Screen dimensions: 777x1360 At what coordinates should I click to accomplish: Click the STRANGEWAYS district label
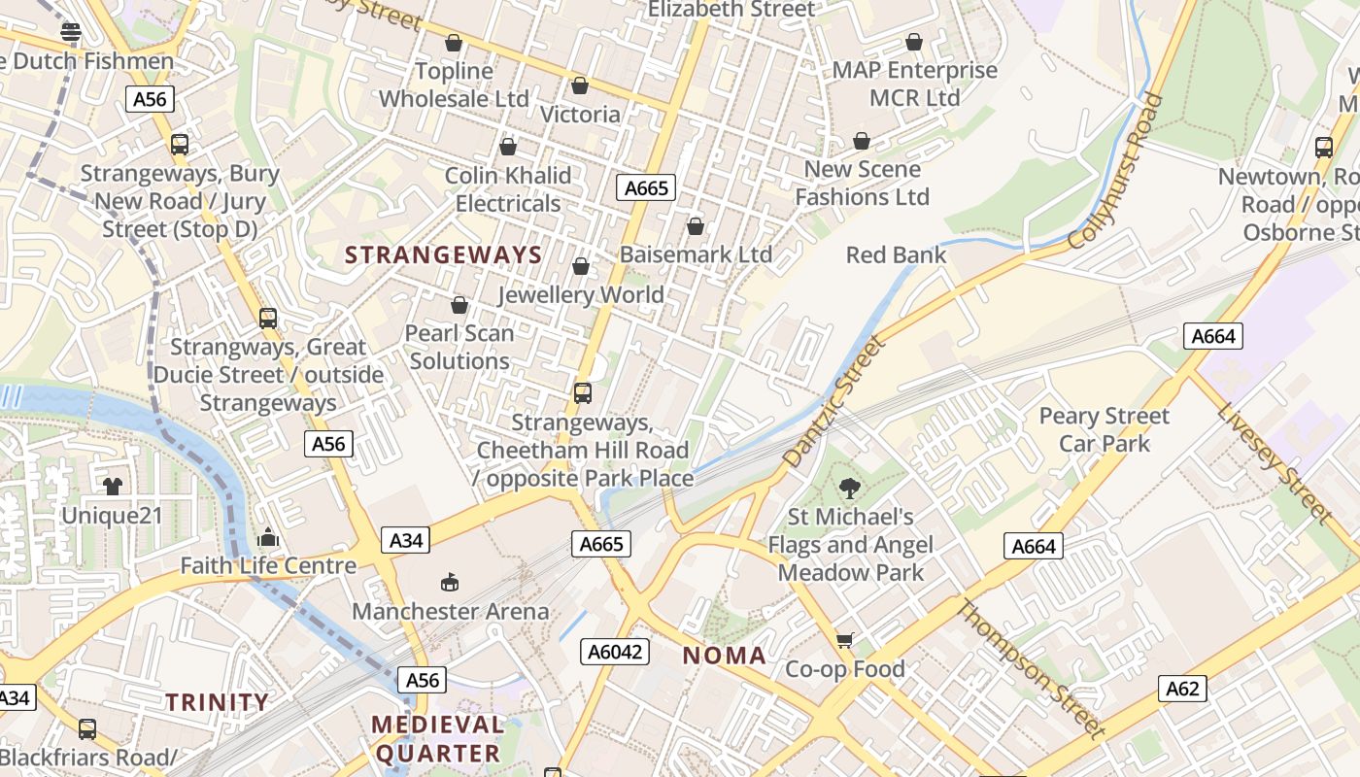point(444,255)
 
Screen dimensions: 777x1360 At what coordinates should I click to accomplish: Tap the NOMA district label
point(724,656)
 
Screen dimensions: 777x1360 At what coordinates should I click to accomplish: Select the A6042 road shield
point(615,652)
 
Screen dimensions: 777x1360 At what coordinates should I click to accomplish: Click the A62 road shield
point(1182,690)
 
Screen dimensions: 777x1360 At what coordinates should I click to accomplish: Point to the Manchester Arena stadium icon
point(449,583)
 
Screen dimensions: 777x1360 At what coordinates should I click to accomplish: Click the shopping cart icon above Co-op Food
point(844,640)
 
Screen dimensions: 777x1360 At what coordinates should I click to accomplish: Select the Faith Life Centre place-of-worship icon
point(268,537)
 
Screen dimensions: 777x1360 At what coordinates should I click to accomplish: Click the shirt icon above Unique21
point(113,486)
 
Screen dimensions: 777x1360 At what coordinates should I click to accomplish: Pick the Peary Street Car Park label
point(1105,429)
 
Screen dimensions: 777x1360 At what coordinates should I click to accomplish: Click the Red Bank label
point(896,254)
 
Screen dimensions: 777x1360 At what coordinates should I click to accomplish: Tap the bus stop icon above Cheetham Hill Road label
point(583,393)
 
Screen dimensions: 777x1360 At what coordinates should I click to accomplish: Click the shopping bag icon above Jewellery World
point(581,266)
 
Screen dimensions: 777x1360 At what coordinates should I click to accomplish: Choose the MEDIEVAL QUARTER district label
point(438,738)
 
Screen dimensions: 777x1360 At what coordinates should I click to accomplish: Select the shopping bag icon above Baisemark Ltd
point(695,226)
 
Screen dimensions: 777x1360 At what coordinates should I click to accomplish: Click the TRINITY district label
point(217,702)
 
